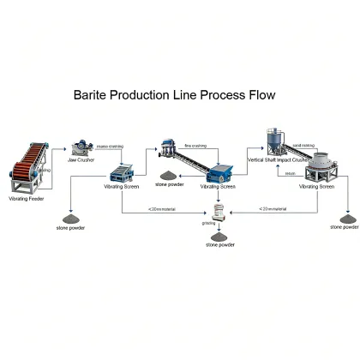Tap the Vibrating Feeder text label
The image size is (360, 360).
click(26, 198)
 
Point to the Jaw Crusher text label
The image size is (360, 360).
click(82, 160)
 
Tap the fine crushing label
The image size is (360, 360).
click(195, 146)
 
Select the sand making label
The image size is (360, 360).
click(305, 147)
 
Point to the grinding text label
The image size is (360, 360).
click(209, 223)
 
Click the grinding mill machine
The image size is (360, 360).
click(221, 216)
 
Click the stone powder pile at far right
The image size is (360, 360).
click(346, 219)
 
